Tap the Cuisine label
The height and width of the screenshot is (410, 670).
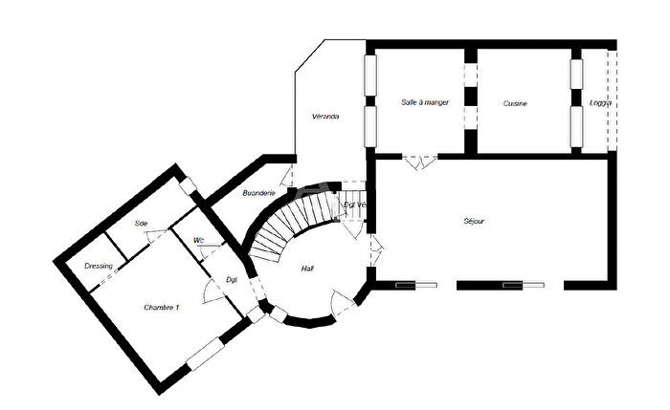515,103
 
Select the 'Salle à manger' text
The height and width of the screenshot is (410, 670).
424,102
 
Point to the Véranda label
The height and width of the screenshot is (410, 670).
326,117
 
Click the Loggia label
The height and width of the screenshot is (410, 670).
600,103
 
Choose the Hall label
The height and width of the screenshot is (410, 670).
307,269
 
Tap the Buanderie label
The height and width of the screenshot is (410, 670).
258,193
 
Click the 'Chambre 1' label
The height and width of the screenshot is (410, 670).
162,307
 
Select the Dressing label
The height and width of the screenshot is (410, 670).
99,266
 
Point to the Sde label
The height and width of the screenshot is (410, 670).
141,224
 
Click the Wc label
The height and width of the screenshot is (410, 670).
197,240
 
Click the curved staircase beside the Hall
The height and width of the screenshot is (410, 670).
287,225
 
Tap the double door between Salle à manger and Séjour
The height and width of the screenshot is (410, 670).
417,162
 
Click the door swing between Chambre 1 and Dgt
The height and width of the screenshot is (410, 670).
214,291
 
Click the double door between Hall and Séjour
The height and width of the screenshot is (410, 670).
375,250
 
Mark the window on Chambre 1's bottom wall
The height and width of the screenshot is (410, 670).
206,354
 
